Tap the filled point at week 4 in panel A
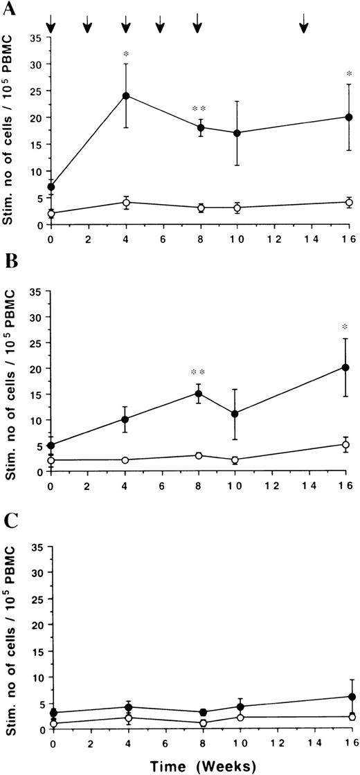pyautogui.click(x=126, y=95)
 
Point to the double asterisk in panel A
pyautogui.click(x=199, y=109)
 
